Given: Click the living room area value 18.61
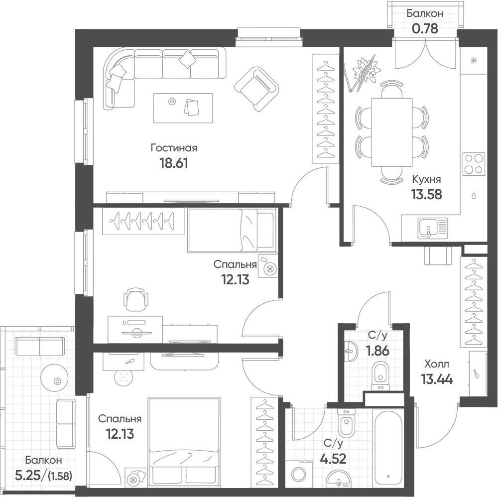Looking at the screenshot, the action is pos(173,163).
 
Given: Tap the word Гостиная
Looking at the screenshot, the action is pos(174,148).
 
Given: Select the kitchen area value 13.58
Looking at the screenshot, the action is pos(427,194).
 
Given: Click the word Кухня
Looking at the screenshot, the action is pos(426,179).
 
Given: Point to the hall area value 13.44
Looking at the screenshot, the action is pos(437,379).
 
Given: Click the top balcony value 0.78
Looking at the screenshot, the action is pos(425,28).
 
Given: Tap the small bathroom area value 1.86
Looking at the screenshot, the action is pos(377,351).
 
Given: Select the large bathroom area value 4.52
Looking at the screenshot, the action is pos(333,459).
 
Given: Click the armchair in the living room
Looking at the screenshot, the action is pos(256,89).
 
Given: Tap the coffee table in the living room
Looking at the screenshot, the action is pos(183,108).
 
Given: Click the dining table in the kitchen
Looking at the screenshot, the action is pos(391,132).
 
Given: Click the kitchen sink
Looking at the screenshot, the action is pos(433,229).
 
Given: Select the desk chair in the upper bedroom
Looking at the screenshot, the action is pos(135,299).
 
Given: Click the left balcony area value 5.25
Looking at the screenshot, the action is pos(28,475).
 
